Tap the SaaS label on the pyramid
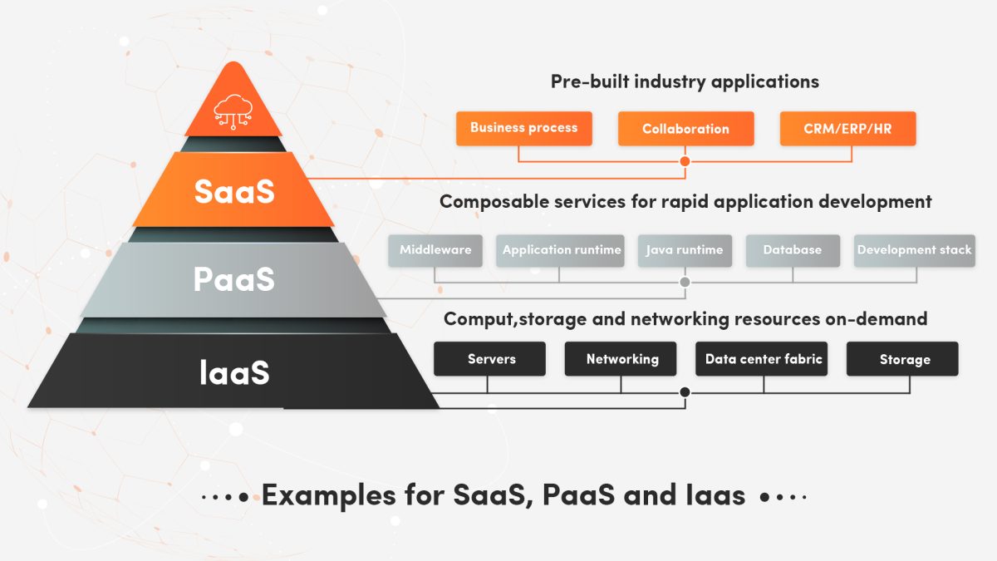pyautogui.click(x=233, y=190)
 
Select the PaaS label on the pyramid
pyautogui.click(x=233, y=279)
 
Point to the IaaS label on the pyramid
pyautogui.click(x=234, y=372)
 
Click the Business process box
pyautogui.click(x=523, y=128)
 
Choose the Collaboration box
pyautogui.click(x=685, y=129)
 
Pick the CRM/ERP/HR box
pyautogui.click(x=847, y=129)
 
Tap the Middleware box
pyautogui.click(x=435, y=250)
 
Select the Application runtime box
pyautogui.click(x=561, y=250)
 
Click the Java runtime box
pyautogui.click(x=685, y=250)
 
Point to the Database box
pyautogui.click(x=792, y=250)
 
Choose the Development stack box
pyautogui.click(x=914, y=250)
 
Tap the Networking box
pyautogui.click(x=622, y=359)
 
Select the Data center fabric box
pyautogui.click(x=763, y=359)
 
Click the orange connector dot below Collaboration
pyautogui.click(x=685, y=161)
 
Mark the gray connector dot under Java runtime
pyautogui.click(x=685, y=283)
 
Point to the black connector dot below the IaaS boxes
pyautogui.click(x=685, y=392)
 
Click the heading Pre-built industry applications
pyautogui.click(x=685, y=81)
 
